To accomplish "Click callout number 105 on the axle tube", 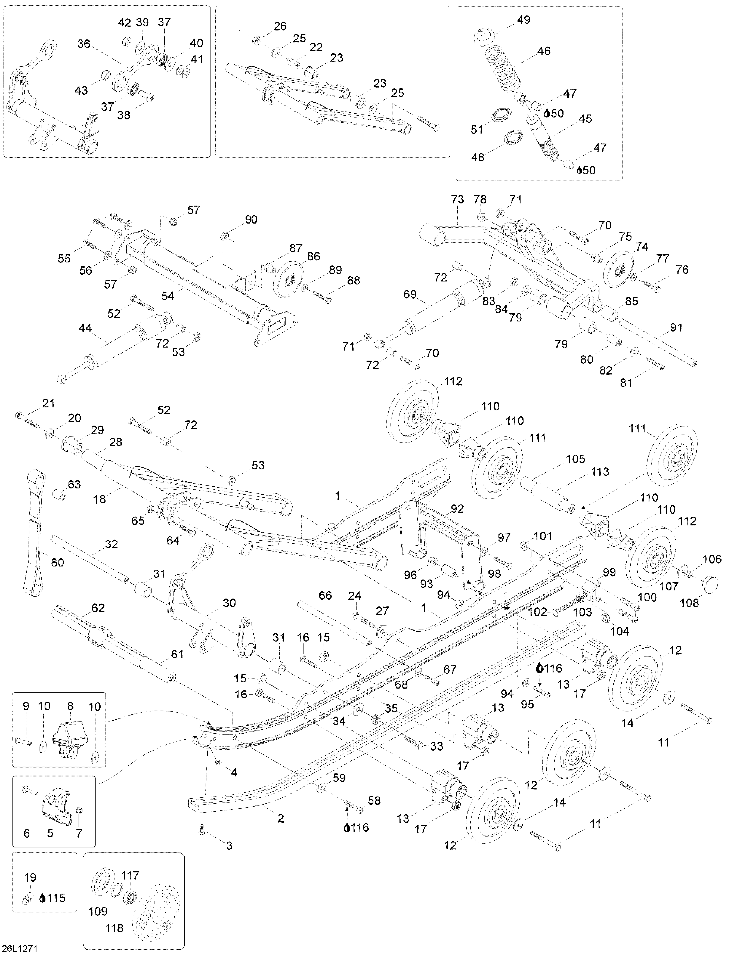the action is [575, 459].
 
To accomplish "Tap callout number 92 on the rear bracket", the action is [457, 509].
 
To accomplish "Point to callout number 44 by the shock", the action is [85, 328].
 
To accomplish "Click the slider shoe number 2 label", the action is [280, 818].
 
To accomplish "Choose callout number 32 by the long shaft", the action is [112, 544].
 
